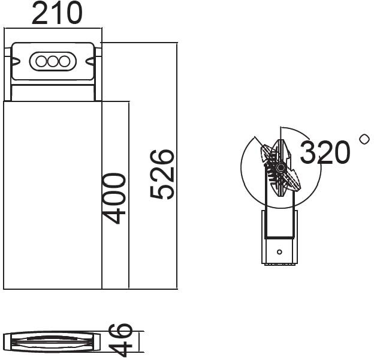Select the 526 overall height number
tap(162, 175)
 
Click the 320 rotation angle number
tap(324, 152)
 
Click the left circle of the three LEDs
tap(42, 61)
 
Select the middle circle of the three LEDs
tap(53, 61)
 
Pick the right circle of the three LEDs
tap(64, 61)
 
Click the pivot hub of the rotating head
tap(280, 166)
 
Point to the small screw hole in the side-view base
tap(279, 251)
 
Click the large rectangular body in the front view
tap(53, 195)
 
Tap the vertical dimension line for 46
tap(139, 342)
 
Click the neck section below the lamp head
tap(53, 93)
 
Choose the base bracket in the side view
tap(279, 240)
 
